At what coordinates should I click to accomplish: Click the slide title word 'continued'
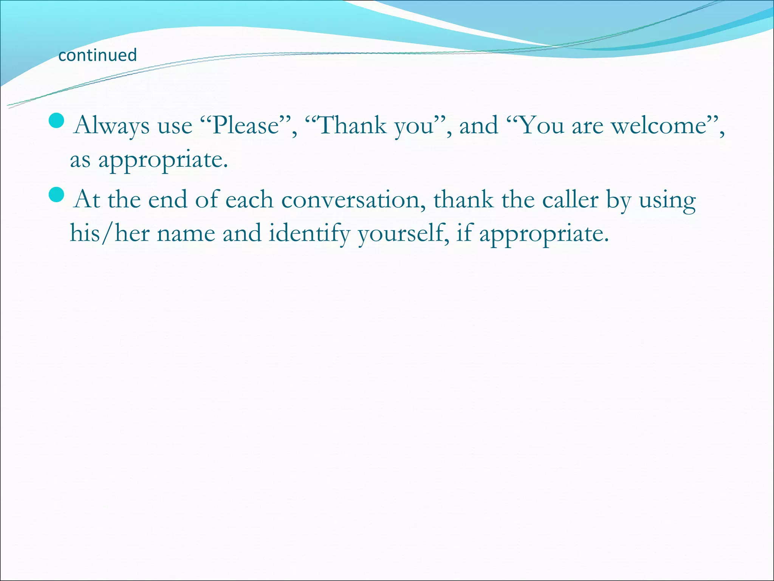click(x=98, y=55)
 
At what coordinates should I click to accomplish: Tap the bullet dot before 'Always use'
click(x=57, y=121)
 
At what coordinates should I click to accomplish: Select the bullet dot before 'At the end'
click(x=57, y=195)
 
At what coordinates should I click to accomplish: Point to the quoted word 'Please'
click(x=245, y=126)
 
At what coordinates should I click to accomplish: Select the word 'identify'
click(x=309, y=234)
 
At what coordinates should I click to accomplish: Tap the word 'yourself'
click(x=403, y=234)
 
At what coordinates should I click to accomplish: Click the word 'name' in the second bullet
click(x=185, y=234)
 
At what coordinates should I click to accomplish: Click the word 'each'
click(x=249, y=200)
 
